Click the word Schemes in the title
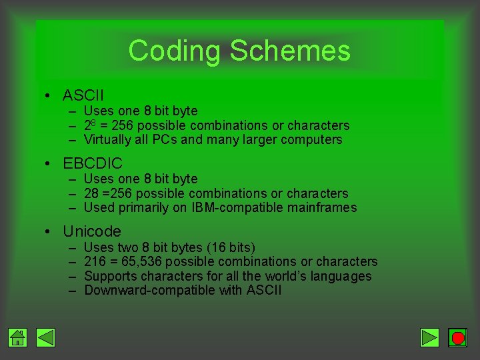pyautogui.click(x=289, y=51)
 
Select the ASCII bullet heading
pyautogui.click(x=83, y=95)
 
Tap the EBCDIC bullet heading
pyautogui.click(x=92, y=163)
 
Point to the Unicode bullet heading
pyautogui.click(x=91, y=231)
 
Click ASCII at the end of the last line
pyautogui.click(x=264, y=291)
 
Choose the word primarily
pyautogui.click(x=155, y=208)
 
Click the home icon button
pyautogui.click(x=18, y=338)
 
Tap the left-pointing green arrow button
pyautogui.click(x=45, y=338)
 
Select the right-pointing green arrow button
pyautogui.click(x=430, y=338)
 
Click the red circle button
pyautogui.click(x=457, y=338)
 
